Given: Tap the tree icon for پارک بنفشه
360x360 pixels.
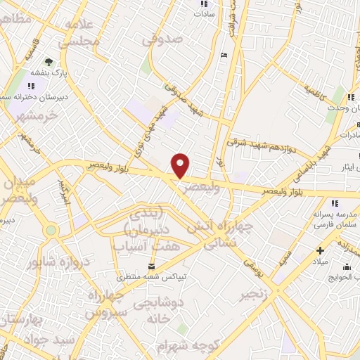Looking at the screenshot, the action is pos(49,62).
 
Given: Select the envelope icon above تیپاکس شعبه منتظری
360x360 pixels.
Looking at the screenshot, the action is pos(150,265).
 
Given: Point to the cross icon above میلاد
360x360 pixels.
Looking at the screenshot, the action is pos(320,250).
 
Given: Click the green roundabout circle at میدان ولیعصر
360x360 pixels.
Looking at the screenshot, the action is pos(51,229).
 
